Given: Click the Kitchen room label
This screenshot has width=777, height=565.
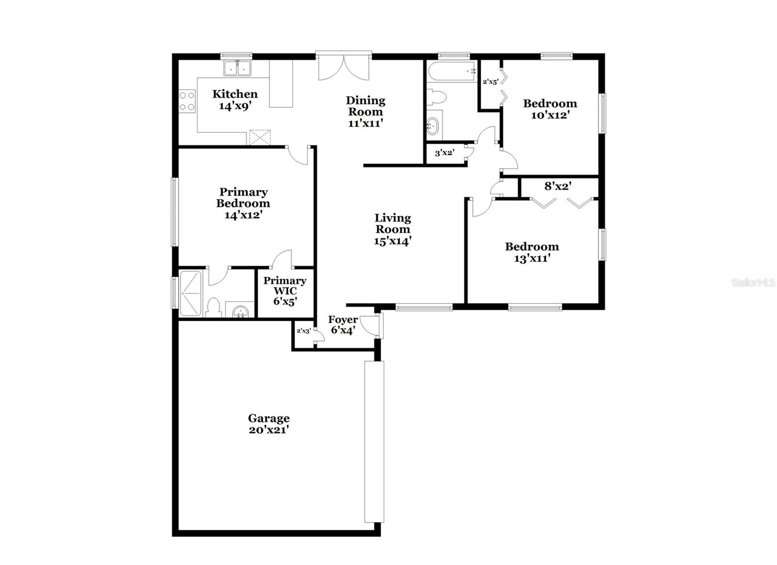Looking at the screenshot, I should (x=235, y=94).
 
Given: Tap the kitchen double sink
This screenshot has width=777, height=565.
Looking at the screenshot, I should (x=237, y=68).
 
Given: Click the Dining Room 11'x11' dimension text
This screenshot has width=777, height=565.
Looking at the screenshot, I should (x=366, y=123).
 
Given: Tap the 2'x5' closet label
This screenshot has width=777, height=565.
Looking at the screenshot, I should (x=490, y=82).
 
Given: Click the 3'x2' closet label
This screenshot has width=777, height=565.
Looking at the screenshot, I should (x=444, y=153).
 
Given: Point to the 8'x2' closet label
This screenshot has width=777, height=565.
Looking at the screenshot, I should (x=557, y=186).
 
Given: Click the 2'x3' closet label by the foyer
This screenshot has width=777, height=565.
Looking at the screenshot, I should (x=303, y=331).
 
